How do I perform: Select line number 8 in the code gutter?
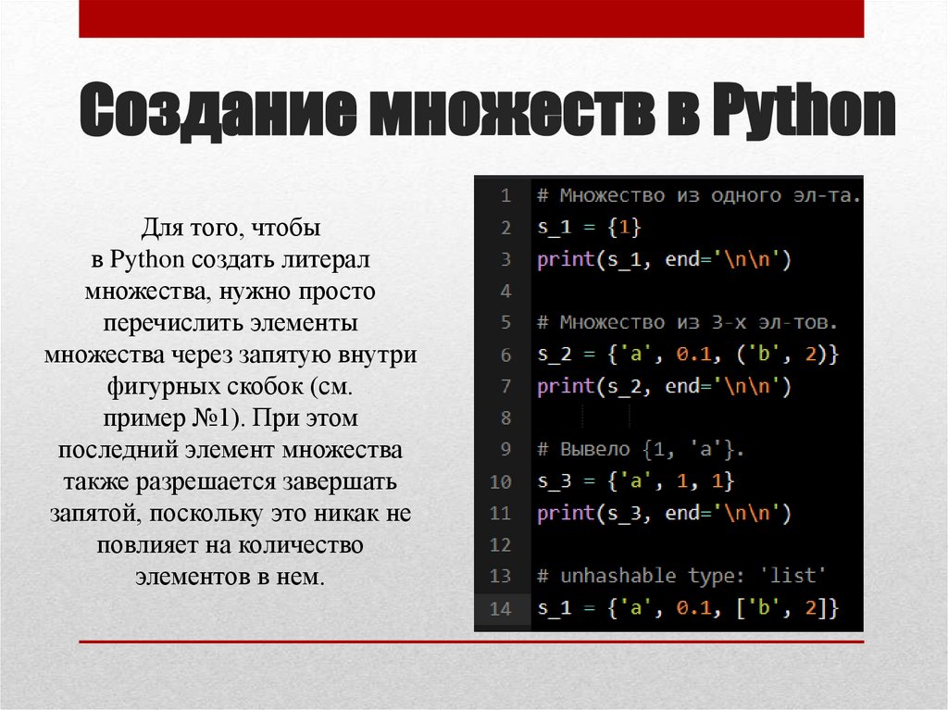coord(505,418)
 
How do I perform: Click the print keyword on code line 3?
coord(565,260)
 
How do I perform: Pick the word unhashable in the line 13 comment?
coord(618,576)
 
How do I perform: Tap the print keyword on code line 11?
coord(565,513)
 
